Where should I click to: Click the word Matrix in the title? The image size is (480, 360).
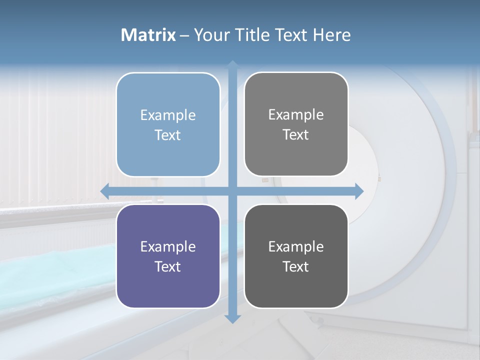(x=148, y=35)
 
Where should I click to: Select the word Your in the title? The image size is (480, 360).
(x=210, y=35)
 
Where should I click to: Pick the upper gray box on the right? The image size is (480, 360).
(x=296, y=155)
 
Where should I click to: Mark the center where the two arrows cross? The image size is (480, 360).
(x=232, y=191)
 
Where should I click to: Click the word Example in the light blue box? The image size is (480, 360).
(x=168, y=115)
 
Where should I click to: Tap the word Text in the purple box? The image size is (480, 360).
(x=168, y=266)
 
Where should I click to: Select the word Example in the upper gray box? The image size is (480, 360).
(x=296, y=115)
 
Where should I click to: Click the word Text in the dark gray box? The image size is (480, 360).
(x=296, y=266)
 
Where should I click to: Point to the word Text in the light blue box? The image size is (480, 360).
(x=168, y=135)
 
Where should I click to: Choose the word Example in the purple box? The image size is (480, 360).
(x=168, y=246)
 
